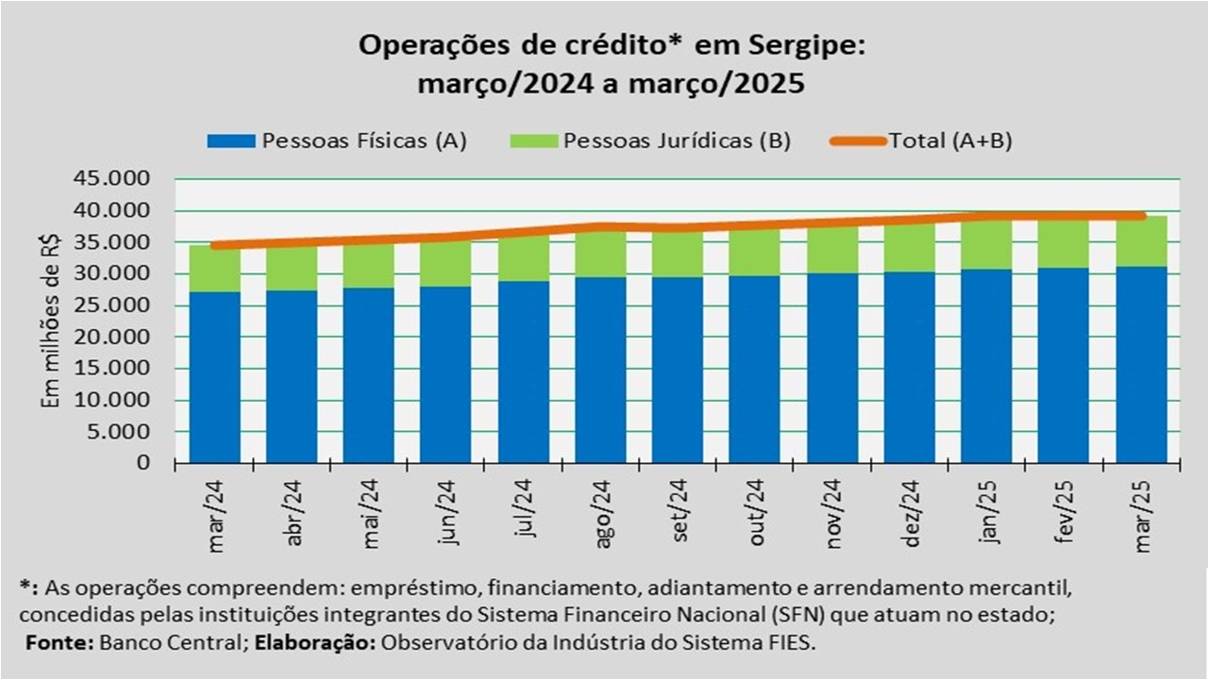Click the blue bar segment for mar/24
(x=214, y=377)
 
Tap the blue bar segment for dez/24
(x=909, y=368)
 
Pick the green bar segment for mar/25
(x=1141, y=242)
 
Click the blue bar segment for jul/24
(x=523, y=373)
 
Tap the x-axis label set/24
(x=679, y=513)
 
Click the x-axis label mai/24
(x=370, y=514)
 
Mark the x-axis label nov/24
(x=834, y=514)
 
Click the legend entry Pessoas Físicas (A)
(x=364, y=141)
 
